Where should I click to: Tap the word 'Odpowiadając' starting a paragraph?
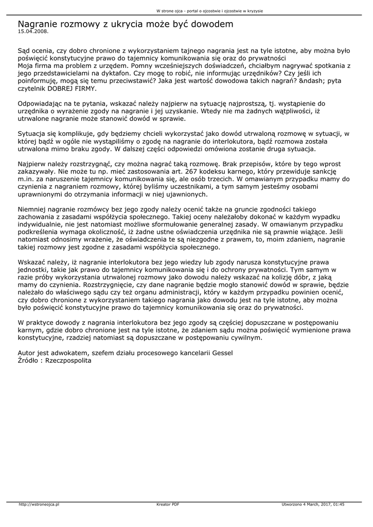tap(41, 103)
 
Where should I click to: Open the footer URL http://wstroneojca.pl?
tap(39, 504)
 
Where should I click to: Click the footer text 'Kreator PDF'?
tap(168, 504)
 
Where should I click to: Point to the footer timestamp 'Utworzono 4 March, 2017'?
tap(308, 504)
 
